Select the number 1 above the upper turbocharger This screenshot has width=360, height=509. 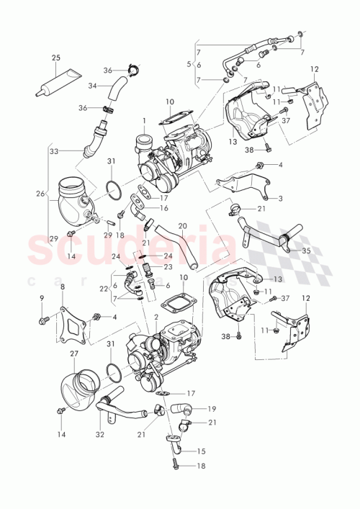tap(143, 120)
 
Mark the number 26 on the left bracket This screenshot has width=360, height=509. tap(40, 193)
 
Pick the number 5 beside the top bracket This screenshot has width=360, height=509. tap(189, 65)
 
